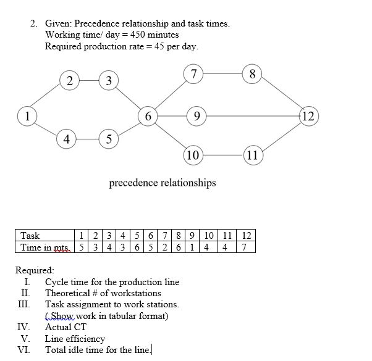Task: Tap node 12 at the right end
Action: [x=308, y=115]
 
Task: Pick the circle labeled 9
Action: [x=195, y=115]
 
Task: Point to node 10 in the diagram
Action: [x=193, y=154]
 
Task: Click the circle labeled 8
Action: [x=252, y=75]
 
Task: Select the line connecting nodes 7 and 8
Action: [x=222, y=75]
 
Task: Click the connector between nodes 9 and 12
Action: [x=251, y=115]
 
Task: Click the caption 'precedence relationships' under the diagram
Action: [x=163, y=183]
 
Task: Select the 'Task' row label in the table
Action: [x=30, y=235]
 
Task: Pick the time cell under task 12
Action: [x=245, y=247]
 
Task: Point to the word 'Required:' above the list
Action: [x=35, y=270]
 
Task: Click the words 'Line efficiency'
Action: [x=75, y=339]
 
